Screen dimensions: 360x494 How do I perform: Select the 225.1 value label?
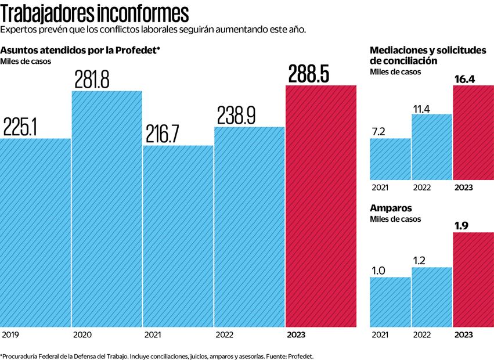(20, 126)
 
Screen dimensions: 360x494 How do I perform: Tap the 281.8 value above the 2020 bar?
(92, 79)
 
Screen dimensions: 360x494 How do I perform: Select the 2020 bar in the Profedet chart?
(107, 209)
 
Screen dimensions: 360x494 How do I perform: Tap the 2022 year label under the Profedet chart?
(225, 335)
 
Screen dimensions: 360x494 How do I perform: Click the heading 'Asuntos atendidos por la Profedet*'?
(80, 51)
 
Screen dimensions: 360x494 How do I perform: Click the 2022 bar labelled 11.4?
(432, 146)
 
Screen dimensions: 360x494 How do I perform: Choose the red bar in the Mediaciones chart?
(473, 132)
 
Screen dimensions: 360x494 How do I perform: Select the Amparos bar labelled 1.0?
(390, 302)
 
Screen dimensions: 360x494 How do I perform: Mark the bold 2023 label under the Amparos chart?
(464, 335)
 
